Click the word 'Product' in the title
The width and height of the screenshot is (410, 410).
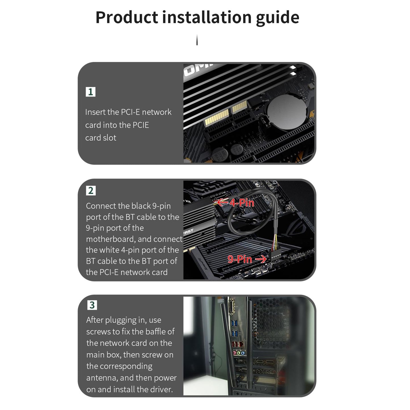click(127, 17)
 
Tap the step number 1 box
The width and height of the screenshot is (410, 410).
click(91, 92)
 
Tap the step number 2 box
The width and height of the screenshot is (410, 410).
click(91, 191)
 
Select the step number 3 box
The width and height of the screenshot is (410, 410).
click(92, 305)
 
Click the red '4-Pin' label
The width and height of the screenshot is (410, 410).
click(242, 203)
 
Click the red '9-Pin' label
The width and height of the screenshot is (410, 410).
click(240, 259)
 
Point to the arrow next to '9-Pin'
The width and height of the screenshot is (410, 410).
click(261, 259)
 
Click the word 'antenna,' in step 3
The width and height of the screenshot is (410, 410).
click(102, 378)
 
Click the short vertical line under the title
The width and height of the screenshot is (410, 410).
click(197, 40)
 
